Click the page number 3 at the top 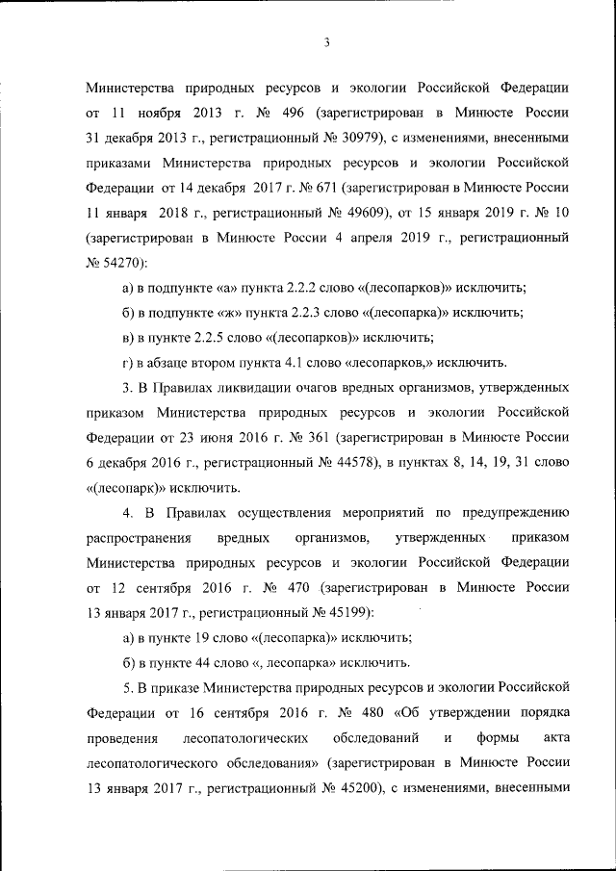click(x=327, y=41)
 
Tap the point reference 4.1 click(x=299, y=363)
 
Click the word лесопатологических click(x=244, y=738)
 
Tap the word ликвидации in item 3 click(x=256, y=387)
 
